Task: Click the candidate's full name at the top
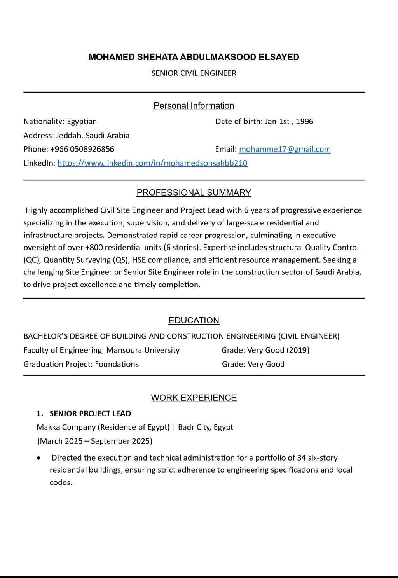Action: [194, 57]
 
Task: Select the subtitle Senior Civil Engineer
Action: [194, 73]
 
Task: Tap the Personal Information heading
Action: [194, 106]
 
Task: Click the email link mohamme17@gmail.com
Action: [285, 149]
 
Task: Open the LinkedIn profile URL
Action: [152, 163]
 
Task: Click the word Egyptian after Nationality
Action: [82, 121]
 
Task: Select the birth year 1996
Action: [304, 121]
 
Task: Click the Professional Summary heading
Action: [194, 192]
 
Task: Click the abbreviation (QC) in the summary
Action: [30, 260]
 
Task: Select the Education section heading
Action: [194, 320]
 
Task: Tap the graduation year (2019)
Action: [298, 350]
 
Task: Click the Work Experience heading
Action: [194, 398]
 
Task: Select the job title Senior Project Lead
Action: [90, 414]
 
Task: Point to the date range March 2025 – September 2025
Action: [95, 441]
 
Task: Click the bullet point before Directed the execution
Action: [38, 458]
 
